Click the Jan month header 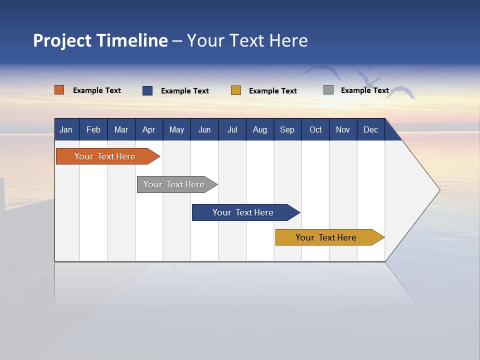66,130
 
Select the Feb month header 93,130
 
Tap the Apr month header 148,130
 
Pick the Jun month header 204,130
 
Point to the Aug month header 259,130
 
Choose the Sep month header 287,130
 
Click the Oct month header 315,130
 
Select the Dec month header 370,130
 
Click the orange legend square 59,90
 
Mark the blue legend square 147,90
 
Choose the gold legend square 236,90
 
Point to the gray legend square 328,90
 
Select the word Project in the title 62,40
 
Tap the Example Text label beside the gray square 364,90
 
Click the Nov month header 343,130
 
